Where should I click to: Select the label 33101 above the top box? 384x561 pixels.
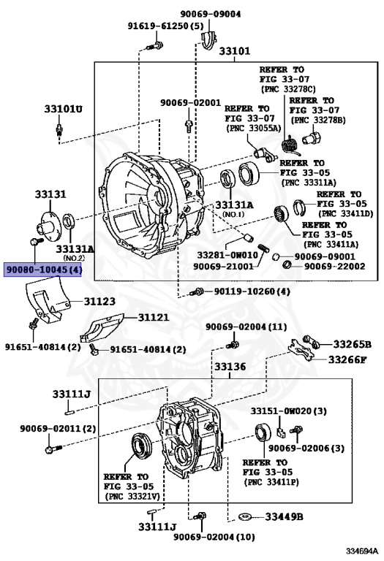point(235,51)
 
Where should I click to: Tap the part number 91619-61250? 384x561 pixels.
point(159,26)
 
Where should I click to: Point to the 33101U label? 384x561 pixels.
point(63,109)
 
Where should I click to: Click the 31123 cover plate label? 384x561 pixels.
point(99,301)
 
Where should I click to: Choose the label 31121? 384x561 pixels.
point(154,317)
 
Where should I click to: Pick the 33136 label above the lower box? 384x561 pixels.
point(230,367)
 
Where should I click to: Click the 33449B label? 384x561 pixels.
point(284,516)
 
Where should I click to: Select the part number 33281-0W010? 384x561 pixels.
point(227,255)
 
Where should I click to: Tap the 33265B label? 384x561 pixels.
point(352,344)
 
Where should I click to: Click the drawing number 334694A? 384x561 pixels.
point(362,551)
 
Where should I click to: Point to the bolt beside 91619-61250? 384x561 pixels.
point(155,47)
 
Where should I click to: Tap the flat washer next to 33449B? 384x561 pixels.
point(245,516)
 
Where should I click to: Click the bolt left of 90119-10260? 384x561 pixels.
point(197,292)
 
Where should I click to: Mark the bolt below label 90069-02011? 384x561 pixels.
point(53,449)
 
